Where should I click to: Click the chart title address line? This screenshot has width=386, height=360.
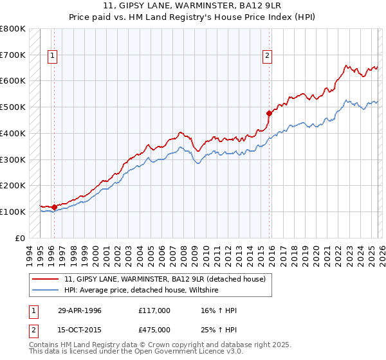click(192, 6)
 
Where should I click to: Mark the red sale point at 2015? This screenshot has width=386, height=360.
click(269, 113)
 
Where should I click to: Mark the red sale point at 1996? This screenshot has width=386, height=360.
click(54, 207)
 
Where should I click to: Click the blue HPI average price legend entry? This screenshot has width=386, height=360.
click(142, 291)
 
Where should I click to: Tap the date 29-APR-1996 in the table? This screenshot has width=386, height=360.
click(80, 310)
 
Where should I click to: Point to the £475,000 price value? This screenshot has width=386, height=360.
click(154, 330)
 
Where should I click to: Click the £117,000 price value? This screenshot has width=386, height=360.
click(154, 310)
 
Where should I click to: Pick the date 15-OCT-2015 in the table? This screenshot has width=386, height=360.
click(80, 330)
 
